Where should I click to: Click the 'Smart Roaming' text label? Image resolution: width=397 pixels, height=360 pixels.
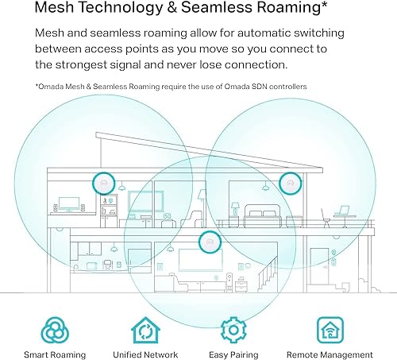tap(55, 354)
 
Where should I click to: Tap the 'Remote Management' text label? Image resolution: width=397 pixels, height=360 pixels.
tap(330, 354)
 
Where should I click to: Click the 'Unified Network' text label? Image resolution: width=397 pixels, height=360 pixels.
tap(145, 354)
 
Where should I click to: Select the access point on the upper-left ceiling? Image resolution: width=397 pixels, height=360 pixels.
tap(102, 182)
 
